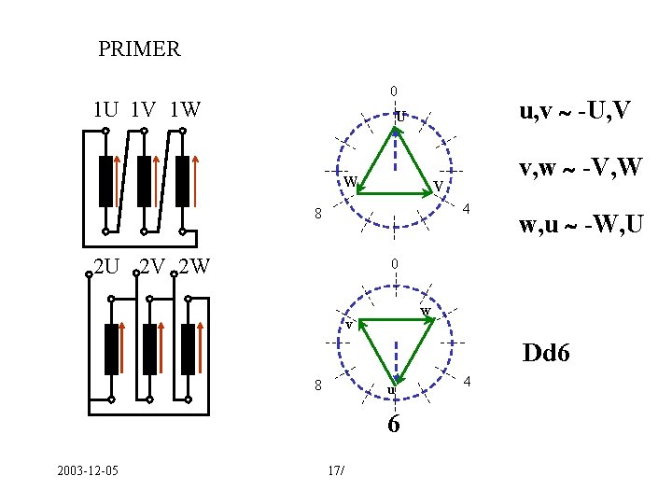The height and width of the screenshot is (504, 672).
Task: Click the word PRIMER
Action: pyautogui.click(x=139, y=49)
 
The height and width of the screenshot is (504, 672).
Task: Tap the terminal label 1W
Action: pyautogui.click(x=186, y=110)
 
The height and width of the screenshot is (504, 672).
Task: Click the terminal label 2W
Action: pyautogui.click(x=192, y=267)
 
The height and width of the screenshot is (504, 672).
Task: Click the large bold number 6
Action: pyautogui.click(x=395, y=425)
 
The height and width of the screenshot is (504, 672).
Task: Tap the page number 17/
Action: pyautogui.click(x=337, y=469)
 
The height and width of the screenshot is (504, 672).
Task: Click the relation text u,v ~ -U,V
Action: pyautogui.click(x=575, y=112)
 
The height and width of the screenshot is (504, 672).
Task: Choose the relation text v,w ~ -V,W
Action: pyautogui.click(x=581, y=169)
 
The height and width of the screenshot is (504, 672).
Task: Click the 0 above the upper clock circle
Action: pyautogui.click(x=394, y=91)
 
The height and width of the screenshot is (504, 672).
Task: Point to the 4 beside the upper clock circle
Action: pyautogui.click(x=469, y=206)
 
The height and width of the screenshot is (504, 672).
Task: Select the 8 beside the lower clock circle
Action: pyautogui.click(x=317, y=385)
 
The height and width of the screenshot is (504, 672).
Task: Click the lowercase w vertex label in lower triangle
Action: pyautogui.click(x=426, y=310)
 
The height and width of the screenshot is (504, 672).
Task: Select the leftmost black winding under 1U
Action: pyautogui.click(x=105, y=182)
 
